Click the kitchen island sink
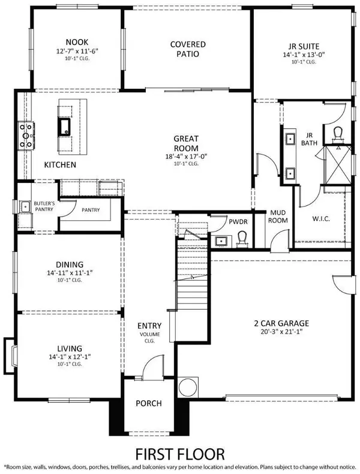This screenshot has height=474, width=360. click(x=64, y=125)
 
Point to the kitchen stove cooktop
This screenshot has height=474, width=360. click(x=26, y=136)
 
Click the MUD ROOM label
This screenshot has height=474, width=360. click(x=278, y=216)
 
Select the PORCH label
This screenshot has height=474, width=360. click(x=148, y=403)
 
